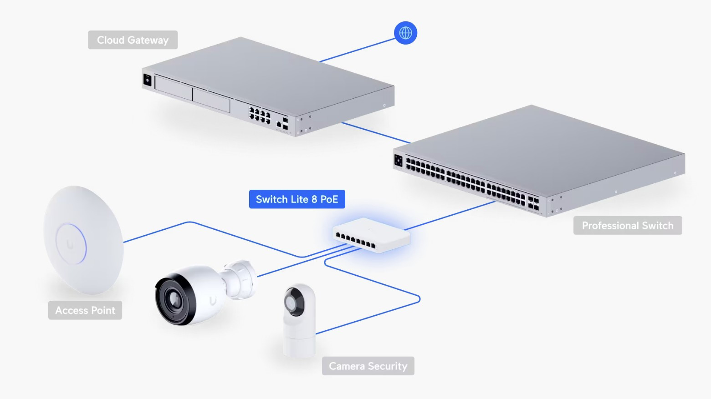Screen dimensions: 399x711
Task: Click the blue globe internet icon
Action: click(x=405, y=33)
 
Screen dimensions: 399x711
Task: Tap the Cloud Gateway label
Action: click(x=133, y=40)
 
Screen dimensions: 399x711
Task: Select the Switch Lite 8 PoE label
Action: click(x=297, y=199)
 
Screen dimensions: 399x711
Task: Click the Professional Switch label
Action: click(x=627, y=226)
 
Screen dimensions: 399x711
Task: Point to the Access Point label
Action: click(x=85, y=310)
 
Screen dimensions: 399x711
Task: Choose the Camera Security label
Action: click(x=368, y=366)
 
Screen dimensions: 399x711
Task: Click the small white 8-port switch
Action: click(x=371, y=234)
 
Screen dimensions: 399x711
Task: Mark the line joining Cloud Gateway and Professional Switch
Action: click(x=376, y=132)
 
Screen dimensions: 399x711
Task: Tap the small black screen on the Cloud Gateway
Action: click(x=148, y=80)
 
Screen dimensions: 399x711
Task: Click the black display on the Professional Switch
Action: click(x=399, y=160)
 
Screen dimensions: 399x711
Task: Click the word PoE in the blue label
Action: click(x=329, y=199)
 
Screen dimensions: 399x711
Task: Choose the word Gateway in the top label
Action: click(x=148, y=40)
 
